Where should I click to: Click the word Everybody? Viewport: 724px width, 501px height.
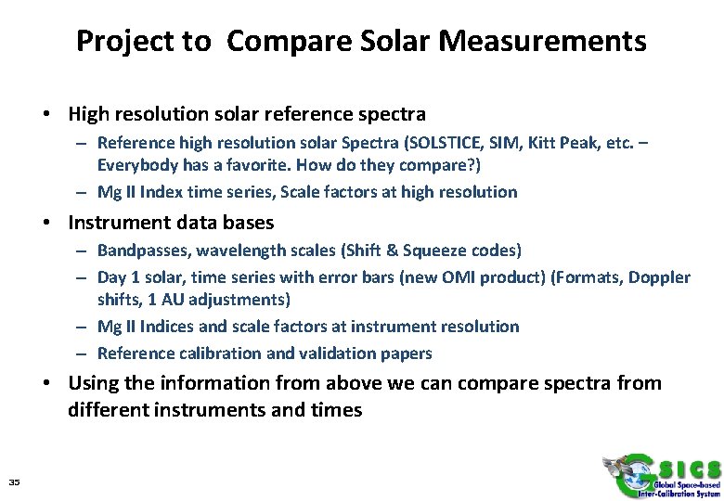point(136,165)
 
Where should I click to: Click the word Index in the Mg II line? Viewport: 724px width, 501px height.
point(167,192)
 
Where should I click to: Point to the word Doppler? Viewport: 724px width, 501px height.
point(660,277)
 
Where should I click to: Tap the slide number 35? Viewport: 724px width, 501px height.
point(14,481)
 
